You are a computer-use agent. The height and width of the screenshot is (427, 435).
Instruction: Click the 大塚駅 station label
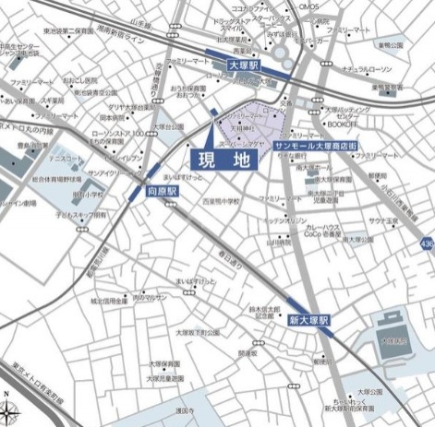click(246, 66)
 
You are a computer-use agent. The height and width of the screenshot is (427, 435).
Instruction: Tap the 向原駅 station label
click(163, 192)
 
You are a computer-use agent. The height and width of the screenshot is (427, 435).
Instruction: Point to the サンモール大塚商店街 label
click(314, 147)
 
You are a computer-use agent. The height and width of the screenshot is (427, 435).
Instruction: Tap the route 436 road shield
click(426, 243)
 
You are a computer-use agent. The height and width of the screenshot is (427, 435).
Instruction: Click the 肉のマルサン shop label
click(150, 297)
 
